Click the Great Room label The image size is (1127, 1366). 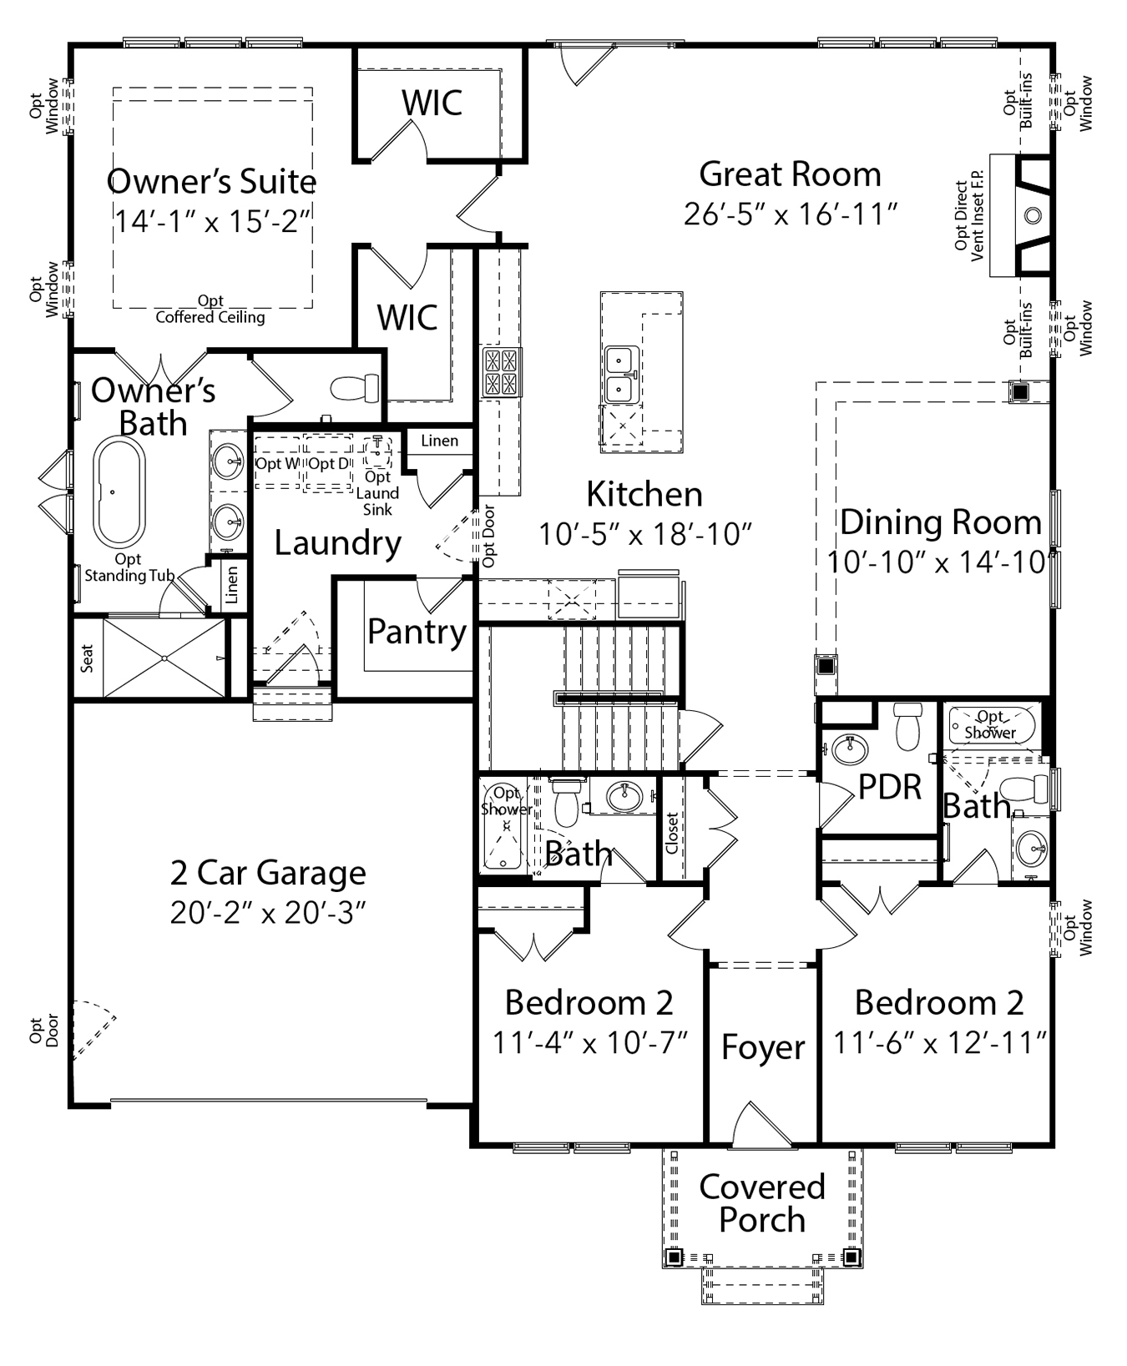(x=790, y=174)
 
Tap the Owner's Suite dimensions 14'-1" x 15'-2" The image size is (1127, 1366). (x=213, y=221)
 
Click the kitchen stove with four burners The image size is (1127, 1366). (x=502, y=372)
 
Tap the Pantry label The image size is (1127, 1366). (x=417, y=632)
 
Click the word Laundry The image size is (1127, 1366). (x=338, y=543)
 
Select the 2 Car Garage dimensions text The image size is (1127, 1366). (x=269, y=913)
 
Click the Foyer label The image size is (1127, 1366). (x=763, y=1048)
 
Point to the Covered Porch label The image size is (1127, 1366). (x=761, y=1203)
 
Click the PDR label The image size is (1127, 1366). (x=890, y=787)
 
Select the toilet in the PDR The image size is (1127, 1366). (x=907, y=727)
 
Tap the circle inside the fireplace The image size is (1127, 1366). (x=1033, y=215)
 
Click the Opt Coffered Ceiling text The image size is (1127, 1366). (x=210, y=309)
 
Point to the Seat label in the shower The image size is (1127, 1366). (x=88, y=658)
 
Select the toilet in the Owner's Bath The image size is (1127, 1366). (x=355, y=388)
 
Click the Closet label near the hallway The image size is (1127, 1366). (x=672, y=833)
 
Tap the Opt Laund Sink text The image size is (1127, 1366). (x=377, y=493)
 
